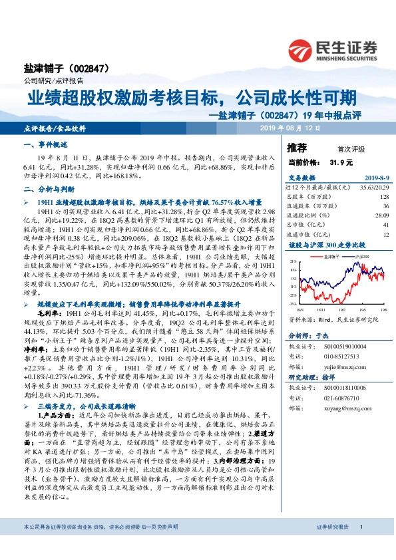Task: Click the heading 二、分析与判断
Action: tap(48, 188)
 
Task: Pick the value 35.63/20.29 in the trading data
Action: tap(373, 188)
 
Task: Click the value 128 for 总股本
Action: tap(383, 197)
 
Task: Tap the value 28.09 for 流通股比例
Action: tap(380, 215)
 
